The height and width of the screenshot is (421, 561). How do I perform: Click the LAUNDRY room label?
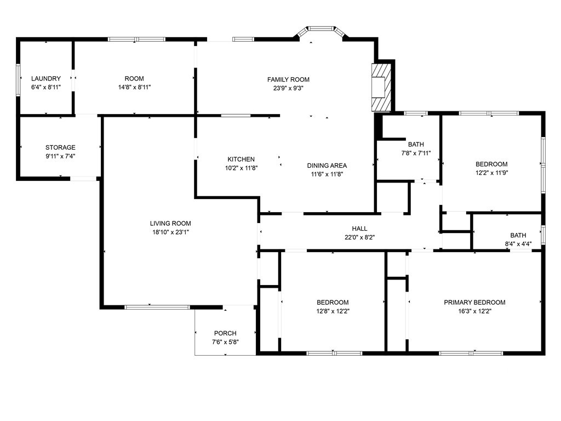click(46, 78)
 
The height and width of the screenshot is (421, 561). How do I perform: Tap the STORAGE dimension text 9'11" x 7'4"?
click(60, 156)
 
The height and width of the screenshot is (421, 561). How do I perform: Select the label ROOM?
click(134, 78)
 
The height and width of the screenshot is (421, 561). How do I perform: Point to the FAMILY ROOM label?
click(288, 79)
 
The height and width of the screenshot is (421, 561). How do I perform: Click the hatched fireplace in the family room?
click(381, 87)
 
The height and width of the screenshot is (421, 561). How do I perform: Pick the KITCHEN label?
click(241, 160)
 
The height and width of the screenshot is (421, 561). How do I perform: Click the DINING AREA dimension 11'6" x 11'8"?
click(327, 174)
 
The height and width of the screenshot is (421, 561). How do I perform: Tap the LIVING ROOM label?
click(170, 224)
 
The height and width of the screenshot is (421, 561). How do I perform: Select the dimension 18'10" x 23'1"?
click(171, 232)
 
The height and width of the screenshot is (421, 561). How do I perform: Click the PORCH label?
click(225, 333)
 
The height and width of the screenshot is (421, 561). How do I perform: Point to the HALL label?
click(359, 229)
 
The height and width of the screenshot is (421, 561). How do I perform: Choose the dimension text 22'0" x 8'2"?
click(359, 237)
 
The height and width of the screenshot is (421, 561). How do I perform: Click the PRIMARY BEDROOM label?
click(475, 303)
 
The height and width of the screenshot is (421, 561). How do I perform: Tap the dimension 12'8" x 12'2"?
click(333, 311)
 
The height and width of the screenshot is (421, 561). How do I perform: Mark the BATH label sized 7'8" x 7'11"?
click(416, 144)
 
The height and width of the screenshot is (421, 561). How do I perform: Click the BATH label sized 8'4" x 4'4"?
click(518, 235)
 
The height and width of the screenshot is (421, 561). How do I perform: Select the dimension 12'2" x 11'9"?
click(491, 173)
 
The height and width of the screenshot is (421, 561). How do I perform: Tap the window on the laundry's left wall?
click(18, 80)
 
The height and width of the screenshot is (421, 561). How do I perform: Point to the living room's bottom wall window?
click(157, 307)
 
